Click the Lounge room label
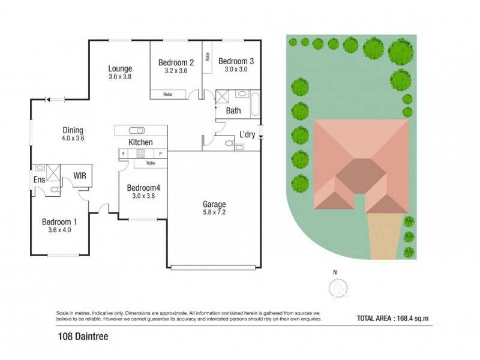[x=120, y=68]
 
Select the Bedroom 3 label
[x=236, y=61]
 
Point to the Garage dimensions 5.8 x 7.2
[x=214, y=212]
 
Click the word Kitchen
[x=140, y=142]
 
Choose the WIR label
[x=80, y=176]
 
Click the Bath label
[x=233, y=111]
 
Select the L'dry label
[x=248, y=135]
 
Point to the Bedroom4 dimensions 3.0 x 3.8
[x=143, y=196]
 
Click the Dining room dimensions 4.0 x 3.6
[x=73, y=138]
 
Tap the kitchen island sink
[x=136, y=130]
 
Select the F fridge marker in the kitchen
[x=123, y=154]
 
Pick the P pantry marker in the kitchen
[x=160, y=154]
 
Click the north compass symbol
[x=335, y=288]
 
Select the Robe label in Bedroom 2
[x=168, y=94]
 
